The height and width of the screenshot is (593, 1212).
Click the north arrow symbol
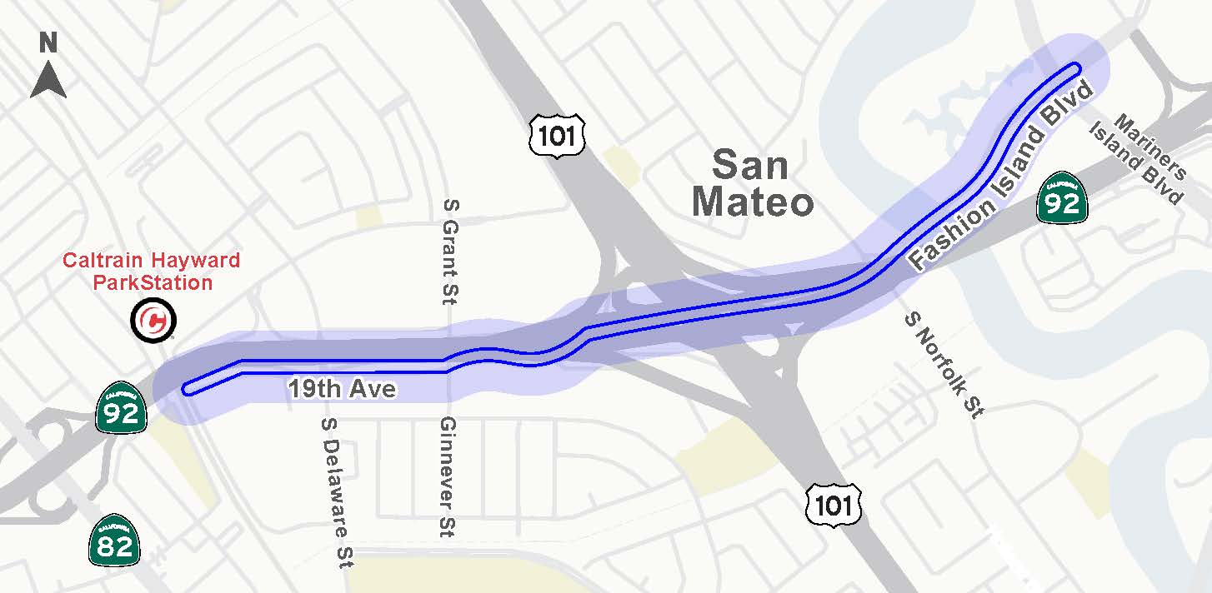[48, 81]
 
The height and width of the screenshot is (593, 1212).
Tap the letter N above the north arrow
[48, 42]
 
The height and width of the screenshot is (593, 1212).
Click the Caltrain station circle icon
[153, 320]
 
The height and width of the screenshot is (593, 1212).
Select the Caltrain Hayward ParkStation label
[152, 272]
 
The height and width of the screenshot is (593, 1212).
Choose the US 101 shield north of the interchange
[558, 136]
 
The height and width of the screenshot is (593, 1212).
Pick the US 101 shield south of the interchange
[834, 504]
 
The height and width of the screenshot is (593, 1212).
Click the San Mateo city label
[752, 183]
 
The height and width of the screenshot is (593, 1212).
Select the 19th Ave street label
[342, 389]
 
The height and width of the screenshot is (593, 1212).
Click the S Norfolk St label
[944, 364]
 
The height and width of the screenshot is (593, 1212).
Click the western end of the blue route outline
[187, 388]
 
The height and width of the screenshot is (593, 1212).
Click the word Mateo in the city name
[752, 202]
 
